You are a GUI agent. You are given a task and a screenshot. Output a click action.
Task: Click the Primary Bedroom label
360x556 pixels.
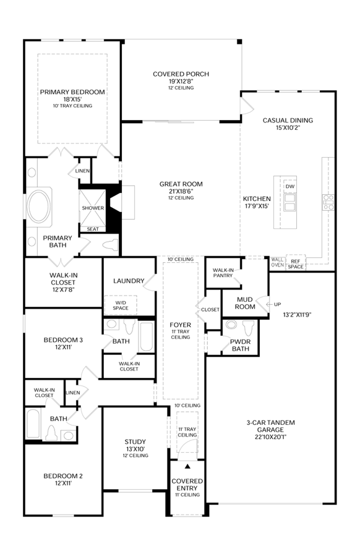coord(72,92)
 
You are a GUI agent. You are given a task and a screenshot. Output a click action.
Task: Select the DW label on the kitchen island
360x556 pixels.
coord(289,187)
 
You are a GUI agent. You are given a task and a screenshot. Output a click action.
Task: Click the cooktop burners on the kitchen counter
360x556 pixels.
coord(328,202)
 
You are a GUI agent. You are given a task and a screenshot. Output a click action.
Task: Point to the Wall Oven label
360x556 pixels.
coord(277,262)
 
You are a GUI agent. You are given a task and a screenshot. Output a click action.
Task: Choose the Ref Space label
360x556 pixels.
coord(296,264)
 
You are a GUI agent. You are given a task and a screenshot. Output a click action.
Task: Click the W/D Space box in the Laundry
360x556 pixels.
coord(121,306)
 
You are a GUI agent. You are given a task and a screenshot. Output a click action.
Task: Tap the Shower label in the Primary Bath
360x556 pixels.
coord(93,208)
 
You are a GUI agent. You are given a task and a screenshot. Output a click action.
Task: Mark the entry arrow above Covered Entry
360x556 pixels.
coord(187,467)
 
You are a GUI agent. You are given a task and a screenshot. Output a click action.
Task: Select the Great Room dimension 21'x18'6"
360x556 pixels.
coord(181,191)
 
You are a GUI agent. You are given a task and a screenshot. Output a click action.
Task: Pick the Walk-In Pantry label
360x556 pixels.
coord(223,273)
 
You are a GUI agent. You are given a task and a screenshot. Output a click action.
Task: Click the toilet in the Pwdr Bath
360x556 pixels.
coord(249,328)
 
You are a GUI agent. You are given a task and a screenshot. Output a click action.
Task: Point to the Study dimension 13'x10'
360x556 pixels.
coord(135,449)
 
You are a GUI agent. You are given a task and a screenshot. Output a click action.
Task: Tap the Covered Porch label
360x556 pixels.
coord(181,74)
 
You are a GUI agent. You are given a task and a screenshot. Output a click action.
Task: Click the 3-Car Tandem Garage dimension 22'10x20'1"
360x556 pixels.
coord(271,437)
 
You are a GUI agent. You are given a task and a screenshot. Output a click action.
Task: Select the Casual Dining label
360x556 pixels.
coord(288,121)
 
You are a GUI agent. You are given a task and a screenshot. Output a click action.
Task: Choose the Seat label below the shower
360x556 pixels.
coord(93,229)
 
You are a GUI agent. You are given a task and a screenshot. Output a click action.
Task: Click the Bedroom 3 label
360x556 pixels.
coord(63,340)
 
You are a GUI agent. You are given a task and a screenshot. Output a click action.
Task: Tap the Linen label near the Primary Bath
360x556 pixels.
coord(83,171)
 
